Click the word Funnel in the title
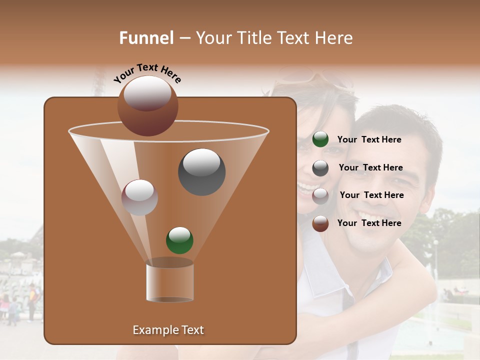[146, 38]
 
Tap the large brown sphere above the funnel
[147, 106]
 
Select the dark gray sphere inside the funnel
[201, 172]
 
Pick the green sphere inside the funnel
[179, 240]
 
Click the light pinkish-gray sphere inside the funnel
[139, 197]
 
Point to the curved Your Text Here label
[147, 73]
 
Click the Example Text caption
[168, 330]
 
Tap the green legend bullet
[320, 139]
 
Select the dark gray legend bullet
[320, 168]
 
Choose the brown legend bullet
[320, 223]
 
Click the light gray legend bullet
[320, 195]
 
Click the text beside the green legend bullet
[369, 139]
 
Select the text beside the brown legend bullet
[369, 223]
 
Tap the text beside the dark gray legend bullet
[370, 167]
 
